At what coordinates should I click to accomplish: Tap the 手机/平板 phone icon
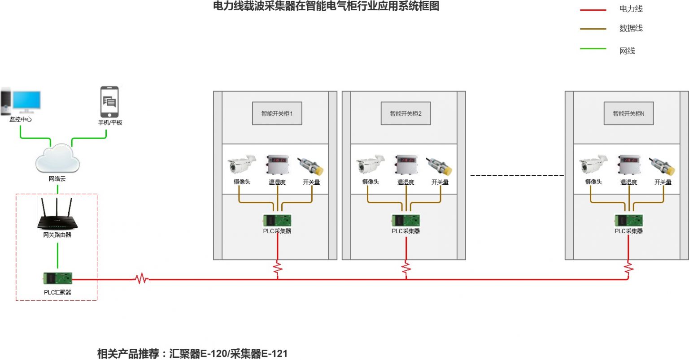(x=109, y=102)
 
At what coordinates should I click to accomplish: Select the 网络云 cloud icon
(x=57, y=158)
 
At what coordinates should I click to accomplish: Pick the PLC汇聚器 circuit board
(x=57, y=278)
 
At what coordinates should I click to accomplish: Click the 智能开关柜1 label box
(x=277, y=113)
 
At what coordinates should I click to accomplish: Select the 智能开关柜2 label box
(x=406, y=113)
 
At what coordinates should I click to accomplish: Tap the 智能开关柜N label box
(x=628, y=113)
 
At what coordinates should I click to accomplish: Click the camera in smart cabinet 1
(x=241, y=165)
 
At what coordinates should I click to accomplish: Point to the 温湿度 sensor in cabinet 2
(x=406, y=165)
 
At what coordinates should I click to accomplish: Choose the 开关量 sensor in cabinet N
(x=663, y=165)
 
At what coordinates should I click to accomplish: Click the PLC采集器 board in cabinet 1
(x=277, y=220)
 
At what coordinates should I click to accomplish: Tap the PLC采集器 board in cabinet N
(x=628, y=220)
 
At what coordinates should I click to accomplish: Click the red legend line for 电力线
(x=593, y=10)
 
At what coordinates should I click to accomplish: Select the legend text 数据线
(x=631, y=28)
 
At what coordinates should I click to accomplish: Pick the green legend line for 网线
(x=593, y=48)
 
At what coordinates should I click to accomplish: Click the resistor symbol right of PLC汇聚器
(x=142, y=279)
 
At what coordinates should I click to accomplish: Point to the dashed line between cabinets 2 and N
(x=517, y=175)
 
